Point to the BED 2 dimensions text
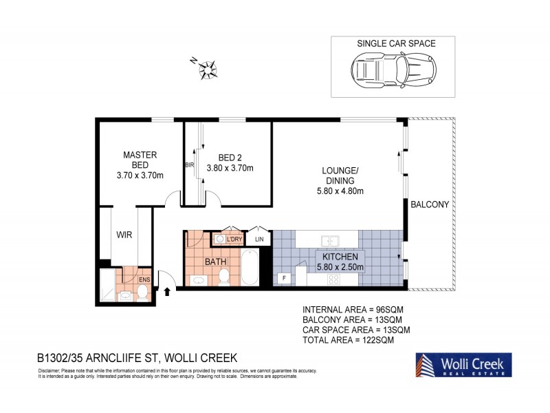[x=231, y=168]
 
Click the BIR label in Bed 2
[x=189, y=165]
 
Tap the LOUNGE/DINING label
[x=342, y=175]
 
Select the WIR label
[x=124, y=234]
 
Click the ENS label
[x=144, y=279]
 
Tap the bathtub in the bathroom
[x=250, y=268]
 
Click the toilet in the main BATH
[x=223, y=277]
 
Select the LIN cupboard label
[x=259, y=239]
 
